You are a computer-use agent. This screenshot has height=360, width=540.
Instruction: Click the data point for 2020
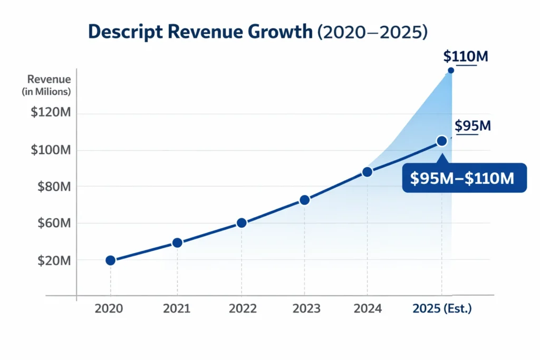click(110, 260)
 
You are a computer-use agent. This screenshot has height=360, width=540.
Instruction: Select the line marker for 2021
click(177, 242)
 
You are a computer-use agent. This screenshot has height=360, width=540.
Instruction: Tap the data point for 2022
click(242, 223)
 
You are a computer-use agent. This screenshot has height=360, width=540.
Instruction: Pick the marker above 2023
click(304, 200)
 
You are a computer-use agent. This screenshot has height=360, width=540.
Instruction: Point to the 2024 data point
click(368, 172)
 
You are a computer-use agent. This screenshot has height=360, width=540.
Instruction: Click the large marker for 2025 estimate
click(442, 141)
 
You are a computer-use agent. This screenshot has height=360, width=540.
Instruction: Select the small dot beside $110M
click(450, 71)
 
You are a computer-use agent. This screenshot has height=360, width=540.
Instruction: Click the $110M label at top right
click(466, 56)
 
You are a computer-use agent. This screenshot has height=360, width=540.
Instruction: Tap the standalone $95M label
click(472, 126)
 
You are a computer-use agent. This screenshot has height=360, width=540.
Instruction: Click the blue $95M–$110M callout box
click(465, 178)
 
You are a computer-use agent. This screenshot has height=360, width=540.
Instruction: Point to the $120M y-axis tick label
click(51, 114)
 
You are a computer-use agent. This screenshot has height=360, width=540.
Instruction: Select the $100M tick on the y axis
click(51, 150)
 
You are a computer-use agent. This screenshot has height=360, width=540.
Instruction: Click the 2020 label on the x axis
click(109, 309)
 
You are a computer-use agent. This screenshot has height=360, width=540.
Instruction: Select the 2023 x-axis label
click(306, 309)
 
